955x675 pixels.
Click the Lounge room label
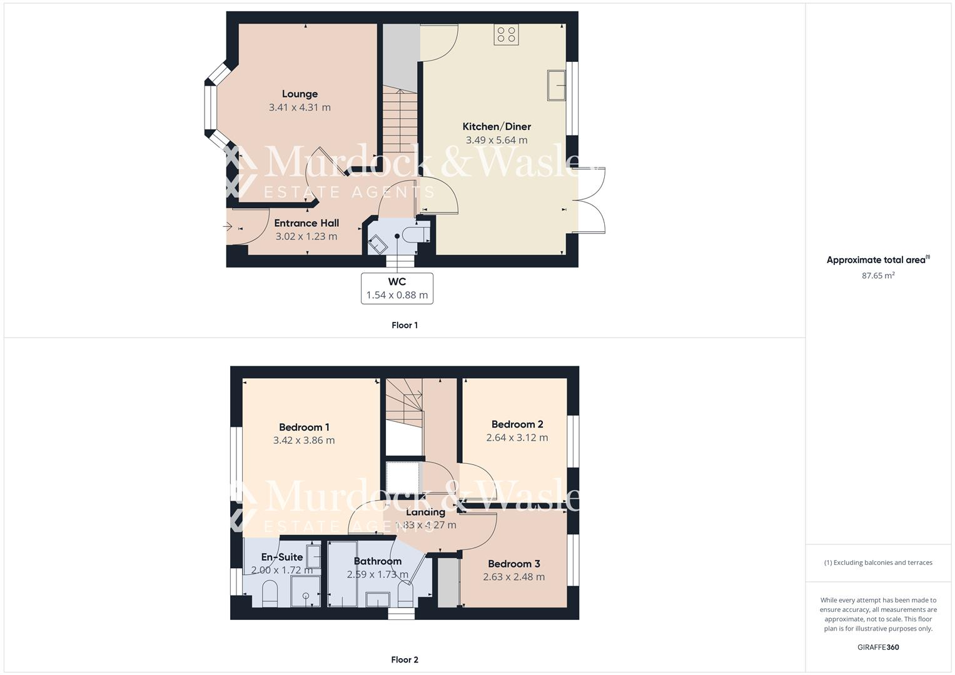coord(300,94)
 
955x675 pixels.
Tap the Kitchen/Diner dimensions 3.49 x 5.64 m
coord(496,140)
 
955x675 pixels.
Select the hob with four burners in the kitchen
coord(505,34)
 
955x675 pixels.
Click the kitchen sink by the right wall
coord(556,85)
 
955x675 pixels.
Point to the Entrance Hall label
coord(306,223)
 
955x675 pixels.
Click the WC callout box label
coord(397,282)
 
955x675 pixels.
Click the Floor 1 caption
coord(404,325)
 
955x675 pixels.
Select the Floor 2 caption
coord(404,659)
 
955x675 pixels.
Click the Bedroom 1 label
coord(304,427)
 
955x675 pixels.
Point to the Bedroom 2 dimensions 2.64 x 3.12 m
coord(517,437)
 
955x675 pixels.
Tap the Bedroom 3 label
coord(513,564)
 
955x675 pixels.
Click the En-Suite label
coord(282,557)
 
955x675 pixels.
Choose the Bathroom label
coord(377,561)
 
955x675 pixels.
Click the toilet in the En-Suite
coord(269,593)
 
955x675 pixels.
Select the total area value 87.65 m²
coord(878,275)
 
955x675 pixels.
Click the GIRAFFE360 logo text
coord(877,647)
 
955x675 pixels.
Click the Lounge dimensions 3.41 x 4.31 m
coord(300,107)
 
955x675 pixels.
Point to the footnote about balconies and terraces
coord(877,562)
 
